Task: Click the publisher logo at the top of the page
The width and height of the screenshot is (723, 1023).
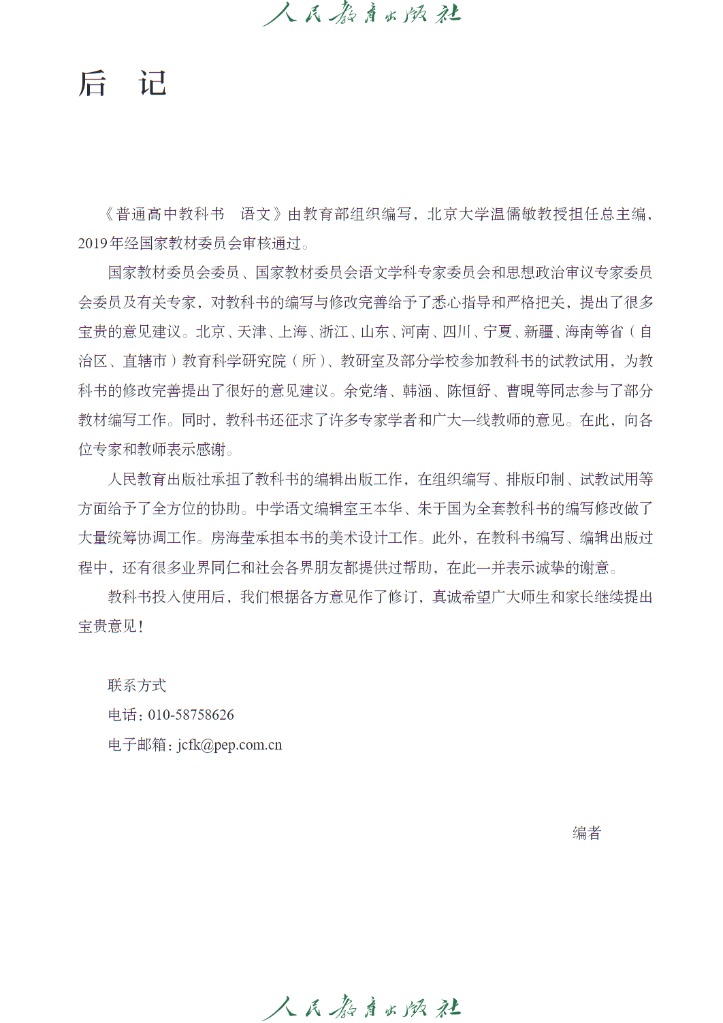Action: point(361,14)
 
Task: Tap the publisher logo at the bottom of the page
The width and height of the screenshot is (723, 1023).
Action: point(361,1007)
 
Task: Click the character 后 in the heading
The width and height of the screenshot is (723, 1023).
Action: point(93,84)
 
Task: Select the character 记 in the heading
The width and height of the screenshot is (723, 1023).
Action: point(152,84)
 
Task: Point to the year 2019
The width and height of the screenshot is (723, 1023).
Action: point(93,244)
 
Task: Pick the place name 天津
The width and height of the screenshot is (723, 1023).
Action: point(252,332)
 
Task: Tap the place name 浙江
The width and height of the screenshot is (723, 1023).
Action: point(334,332)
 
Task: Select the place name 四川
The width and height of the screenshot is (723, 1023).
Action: point(457,332)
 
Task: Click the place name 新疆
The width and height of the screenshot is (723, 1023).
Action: point(539,332)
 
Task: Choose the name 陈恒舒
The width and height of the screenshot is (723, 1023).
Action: point(469,391)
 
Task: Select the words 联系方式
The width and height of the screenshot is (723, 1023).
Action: point(137,686)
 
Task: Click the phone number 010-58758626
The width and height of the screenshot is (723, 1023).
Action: point(191,715)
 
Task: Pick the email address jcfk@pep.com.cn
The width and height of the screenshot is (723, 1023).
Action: point(229,745)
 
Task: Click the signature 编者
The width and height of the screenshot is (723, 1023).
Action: point(587,833)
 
